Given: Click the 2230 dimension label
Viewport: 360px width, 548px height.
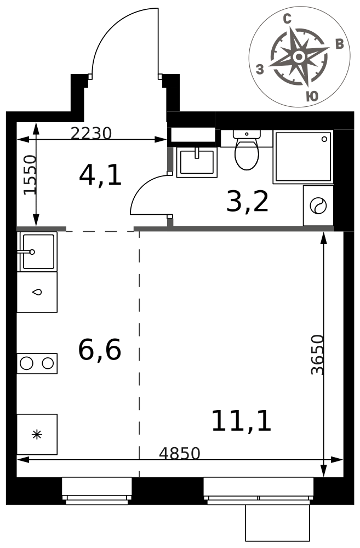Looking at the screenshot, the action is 91,133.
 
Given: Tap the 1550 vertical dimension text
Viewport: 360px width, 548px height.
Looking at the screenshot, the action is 30,174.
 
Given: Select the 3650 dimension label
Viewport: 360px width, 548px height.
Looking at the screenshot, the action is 318,355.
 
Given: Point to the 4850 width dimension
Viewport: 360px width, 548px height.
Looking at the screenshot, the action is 180,453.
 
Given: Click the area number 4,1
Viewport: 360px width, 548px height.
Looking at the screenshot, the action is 100,175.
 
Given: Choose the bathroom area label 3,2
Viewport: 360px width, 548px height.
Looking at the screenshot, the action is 248,202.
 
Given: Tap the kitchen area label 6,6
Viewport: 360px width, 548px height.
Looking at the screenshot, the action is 100,350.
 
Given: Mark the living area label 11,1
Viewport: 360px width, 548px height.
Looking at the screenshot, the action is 242,420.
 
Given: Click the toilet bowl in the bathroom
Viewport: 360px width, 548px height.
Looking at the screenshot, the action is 247,155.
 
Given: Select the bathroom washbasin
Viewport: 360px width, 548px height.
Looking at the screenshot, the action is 197,162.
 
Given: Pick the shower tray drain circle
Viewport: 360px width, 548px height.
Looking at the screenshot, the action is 324,139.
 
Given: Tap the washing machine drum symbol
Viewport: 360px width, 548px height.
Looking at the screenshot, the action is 318,206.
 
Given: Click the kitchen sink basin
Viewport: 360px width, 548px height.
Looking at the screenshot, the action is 38,252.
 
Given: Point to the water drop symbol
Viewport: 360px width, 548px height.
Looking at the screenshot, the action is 37,292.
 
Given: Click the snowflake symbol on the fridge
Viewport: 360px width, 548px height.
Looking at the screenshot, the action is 37,435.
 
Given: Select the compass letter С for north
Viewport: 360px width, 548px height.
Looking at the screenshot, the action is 287,19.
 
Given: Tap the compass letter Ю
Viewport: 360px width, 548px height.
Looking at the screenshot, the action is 312,96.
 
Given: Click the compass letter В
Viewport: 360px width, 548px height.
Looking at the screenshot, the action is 339,44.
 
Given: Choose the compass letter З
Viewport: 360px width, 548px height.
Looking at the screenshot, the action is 260,69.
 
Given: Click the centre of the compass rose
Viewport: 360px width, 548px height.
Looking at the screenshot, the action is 299,56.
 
